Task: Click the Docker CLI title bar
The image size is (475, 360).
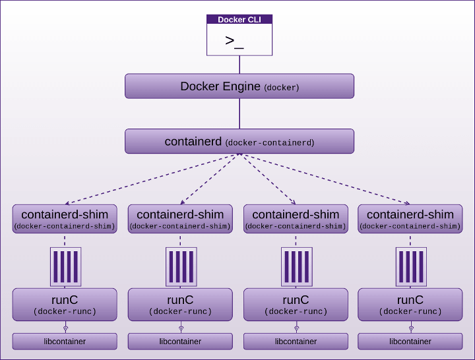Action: click(239, 20)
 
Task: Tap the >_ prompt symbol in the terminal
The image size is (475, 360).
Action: click(234, 41)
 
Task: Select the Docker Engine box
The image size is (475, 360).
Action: click(239, 86)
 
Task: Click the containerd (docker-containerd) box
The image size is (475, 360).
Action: click(239, 142)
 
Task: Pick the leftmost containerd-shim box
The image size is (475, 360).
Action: click(65, 218)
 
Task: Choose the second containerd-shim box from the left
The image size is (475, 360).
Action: click(180, 218)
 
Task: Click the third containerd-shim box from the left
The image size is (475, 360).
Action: click(296, 218)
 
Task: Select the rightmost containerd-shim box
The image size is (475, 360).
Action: click(410, 218)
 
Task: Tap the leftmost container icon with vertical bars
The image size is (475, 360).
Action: click(65, 266)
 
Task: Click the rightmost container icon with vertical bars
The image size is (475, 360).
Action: click(411, 266)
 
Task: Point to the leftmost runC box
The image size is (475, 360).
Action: click(65, 305)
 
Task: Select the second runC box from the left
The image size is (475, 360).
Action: click(180, 305)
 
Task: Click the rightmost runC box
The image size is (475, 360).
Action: click(410, 305)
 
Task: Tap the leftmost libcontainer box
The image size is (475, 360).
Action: click(65, 342)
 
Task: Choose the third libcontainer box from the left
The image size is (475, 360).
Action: click(296, 342)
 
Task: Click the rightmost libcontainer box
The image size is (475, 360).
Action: click(410, 342)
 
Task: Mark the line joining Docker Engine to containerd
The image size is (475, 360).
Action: click(239, 114)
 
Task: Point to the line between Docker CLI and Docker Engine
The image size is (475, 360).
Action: click(239, 64)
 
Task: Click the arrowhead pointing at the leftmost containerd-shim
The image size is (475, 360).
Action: click(68, 202)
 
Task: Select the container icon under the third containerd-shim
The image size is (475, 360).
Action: click(296, 266)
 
